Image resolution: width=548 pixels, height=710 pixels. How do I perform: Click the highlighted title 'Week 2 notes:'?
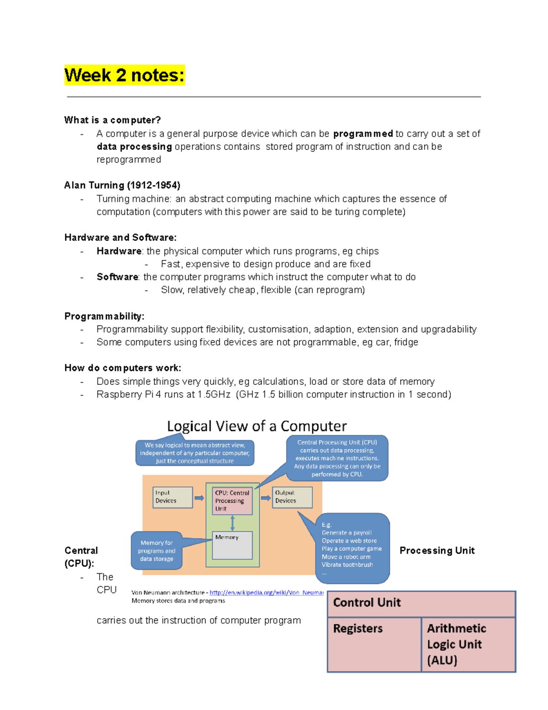point(124,75)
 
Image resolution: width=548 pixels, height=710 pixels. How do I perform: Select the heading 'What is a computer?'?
point(112,120)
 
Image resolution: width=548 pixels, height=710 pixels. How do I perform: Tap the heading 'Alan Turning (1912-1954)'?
point(122,185)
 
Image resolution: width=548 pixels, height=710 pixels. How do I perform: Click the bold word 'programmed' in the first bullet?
point(363,134)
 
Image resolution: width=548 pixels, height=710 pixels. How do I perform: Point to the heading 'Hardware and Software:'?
point(120,238)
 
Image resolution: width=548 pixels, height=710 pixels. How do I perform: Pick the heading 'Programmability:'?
point(104,316)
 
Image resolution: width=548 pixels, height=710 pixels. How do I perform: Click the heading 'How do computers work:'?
point(122,368)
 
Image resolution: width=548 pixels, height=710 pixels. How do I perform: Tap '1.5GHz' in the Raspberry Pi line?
point(214,395)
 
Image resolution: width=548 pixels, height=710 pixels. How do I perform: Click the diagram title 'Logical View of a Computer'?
point(257,426)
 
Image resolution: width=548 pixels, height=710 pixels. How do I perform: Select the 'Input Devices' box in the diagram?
point(172,497)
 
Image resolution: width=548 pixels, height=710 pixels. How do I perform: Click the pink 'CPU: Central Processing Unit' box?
point(232,501)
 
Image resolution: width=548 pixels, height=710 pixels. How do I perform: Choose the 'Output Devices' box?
point(292,497)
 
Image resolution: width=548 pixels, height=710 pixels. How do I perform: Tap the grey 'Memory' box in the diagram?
point(232,545)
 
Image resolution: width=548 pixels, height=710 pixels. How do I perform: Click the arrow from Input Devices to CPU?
point(199,498)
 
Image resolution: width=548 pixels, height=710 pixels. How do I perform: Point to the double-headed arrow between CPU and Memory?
point(232,523)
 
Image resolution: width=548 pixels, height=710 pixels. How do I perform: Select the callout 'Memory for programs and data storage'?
point(157,551)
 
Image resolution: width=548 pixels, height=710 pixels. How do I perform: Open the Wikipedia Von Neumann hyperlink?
point(266,593)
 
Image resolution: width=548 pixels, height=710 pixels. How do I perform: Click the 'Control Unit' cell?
point(421,603)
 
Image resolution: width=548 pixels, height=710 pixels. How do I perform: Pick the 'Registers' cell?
point(374,644)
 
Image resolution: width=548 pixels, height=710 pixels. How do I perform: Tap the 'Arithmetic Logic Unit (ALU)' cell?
point(468,644)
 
